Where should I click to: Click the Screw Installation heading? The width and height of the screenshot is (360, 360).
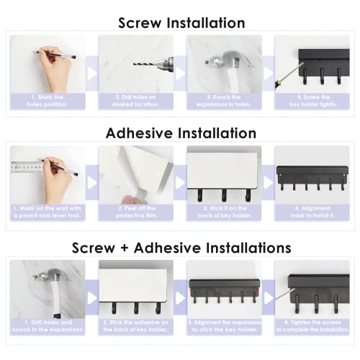(181, 23)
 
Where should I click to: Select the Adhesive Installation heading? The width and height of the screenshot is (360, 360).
(181, 133)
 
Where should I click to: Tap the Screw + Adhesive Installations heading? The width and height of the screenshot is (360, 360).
(181, 247)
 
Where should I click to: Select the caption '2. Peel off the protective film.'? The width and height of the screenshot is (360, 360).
(135, 211)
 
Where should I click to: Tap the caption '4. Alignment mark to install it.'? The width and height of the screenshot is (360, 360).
(312, 211)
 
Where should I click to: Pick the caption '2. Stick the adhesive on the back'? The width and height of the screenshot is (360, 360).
(135, 325)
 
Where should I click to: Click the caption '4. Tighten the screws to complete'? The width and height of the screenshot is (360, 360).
(312, 325)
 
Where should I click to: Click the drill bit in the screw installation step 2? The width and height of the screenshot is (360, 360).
(144, 63)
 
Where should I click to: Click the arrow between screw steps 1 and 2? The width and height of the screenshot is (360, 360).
(91, 72)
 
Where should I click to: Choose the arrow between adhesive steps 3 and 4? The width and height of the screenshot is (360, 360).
(268, 183)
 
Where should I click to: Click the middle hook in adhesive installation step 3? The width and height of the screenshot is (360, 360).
(225, 194)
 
